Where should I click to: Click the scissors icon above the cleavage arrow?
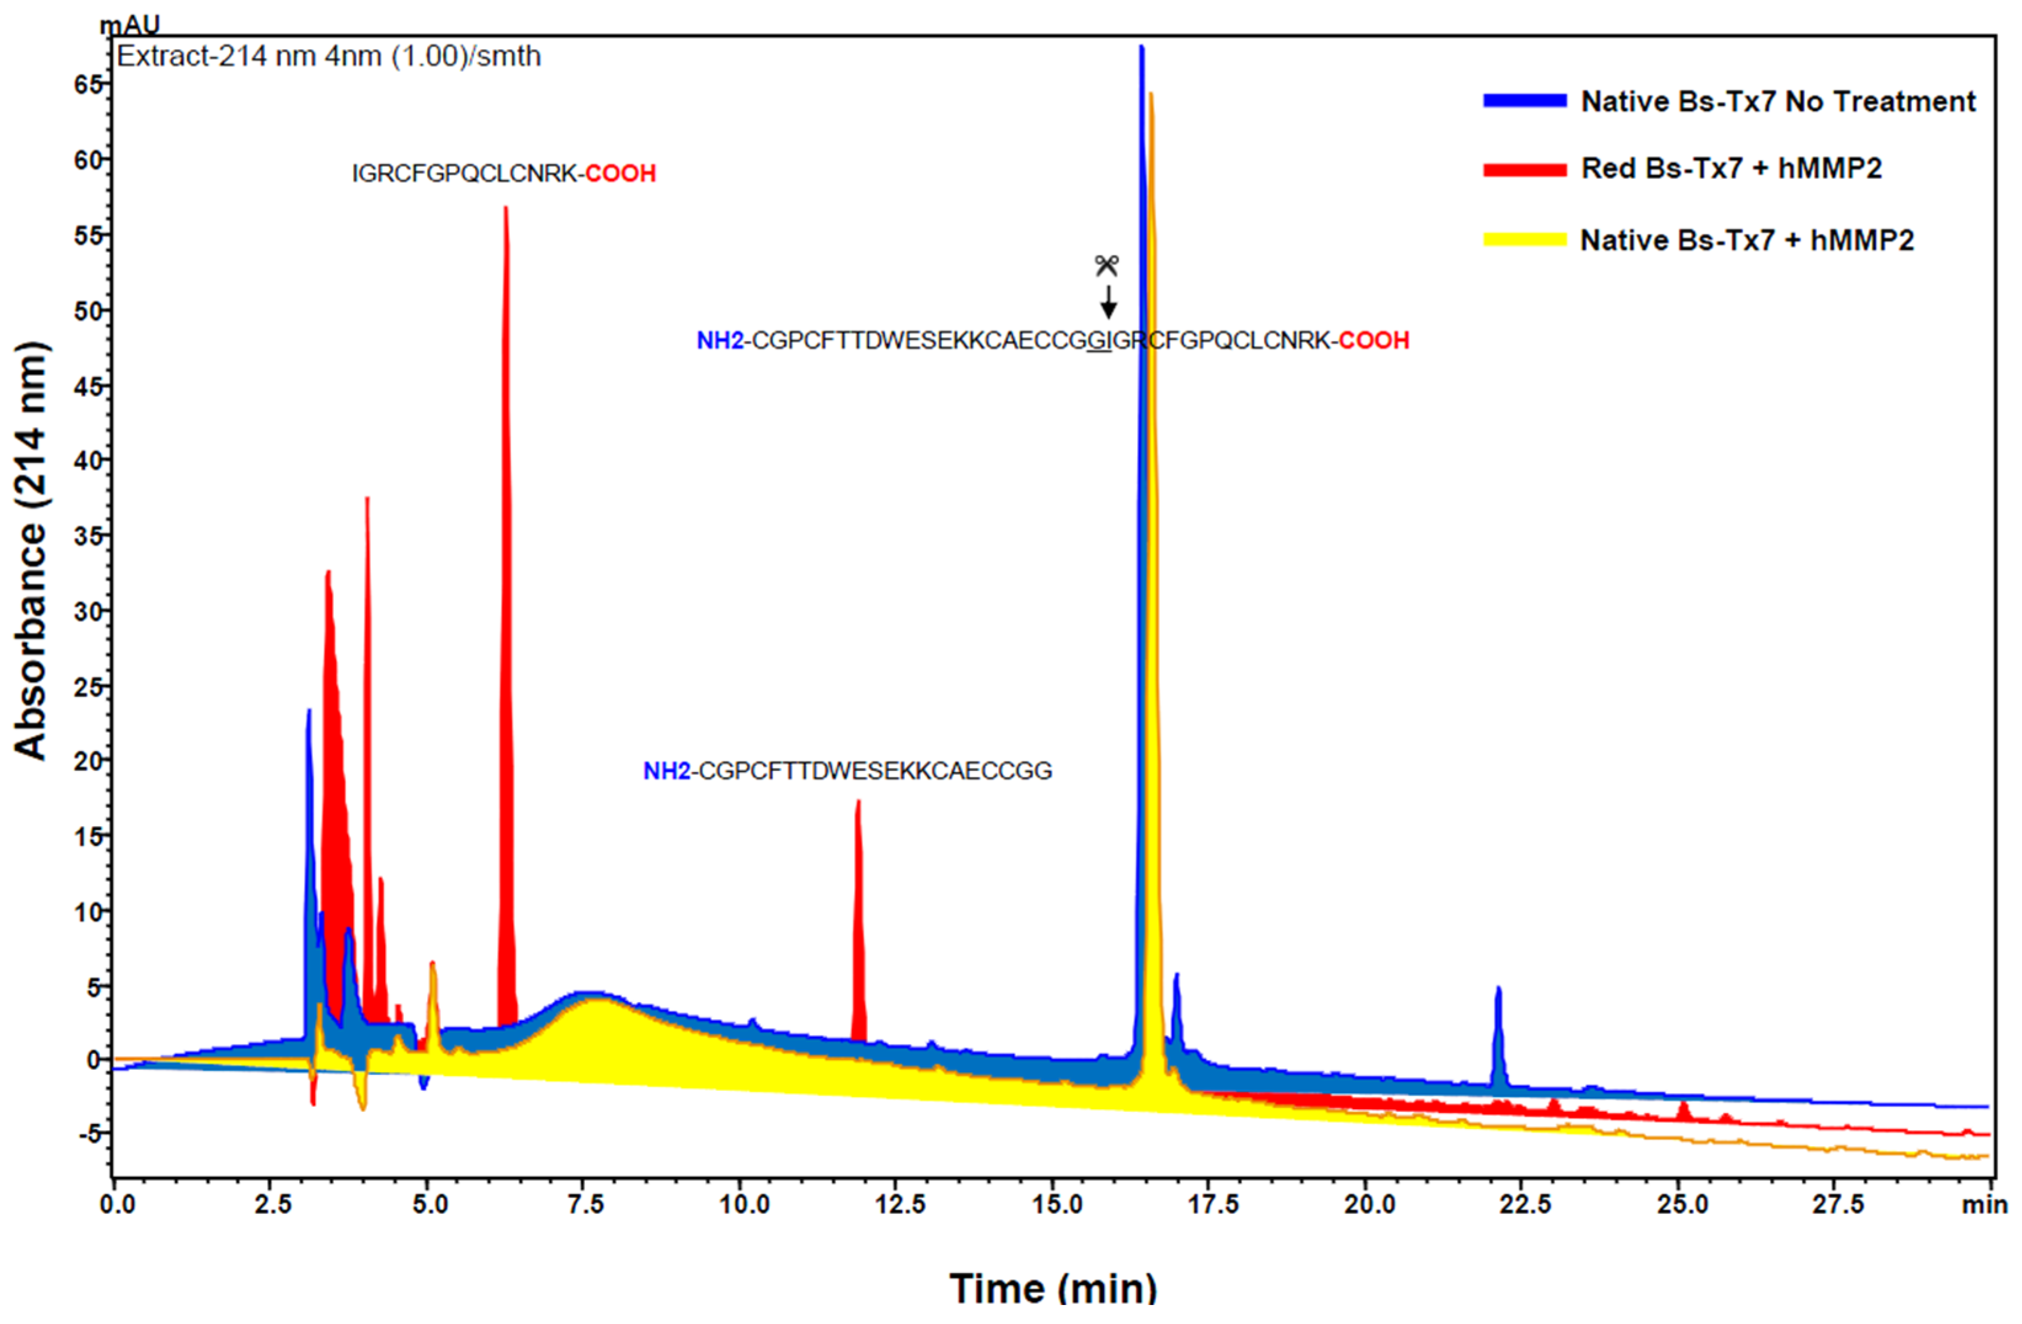coord(1106,266)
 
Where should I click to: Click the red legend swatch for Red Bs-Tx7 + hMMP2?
coord(1524,170)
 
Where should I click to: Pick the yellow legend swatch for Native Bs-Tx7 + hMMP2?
coord(1524,241)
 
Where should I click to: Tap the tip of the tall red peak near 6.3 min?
coord(506,209)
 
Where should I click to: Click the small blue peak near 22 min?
coord(1499,991)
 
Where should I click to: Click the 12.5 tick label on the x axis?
coord(901,1204)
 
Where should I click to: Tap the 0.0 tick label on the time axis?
coord(118,1204)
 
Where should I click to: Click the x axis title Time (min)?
coord(1053,1288)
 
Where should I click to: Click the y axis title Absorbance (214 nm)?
coord(31,550)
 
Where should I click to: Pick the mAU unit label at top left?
coord(129,25)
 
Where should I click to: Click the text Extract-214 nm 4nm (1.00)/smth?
coord(328,57)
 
